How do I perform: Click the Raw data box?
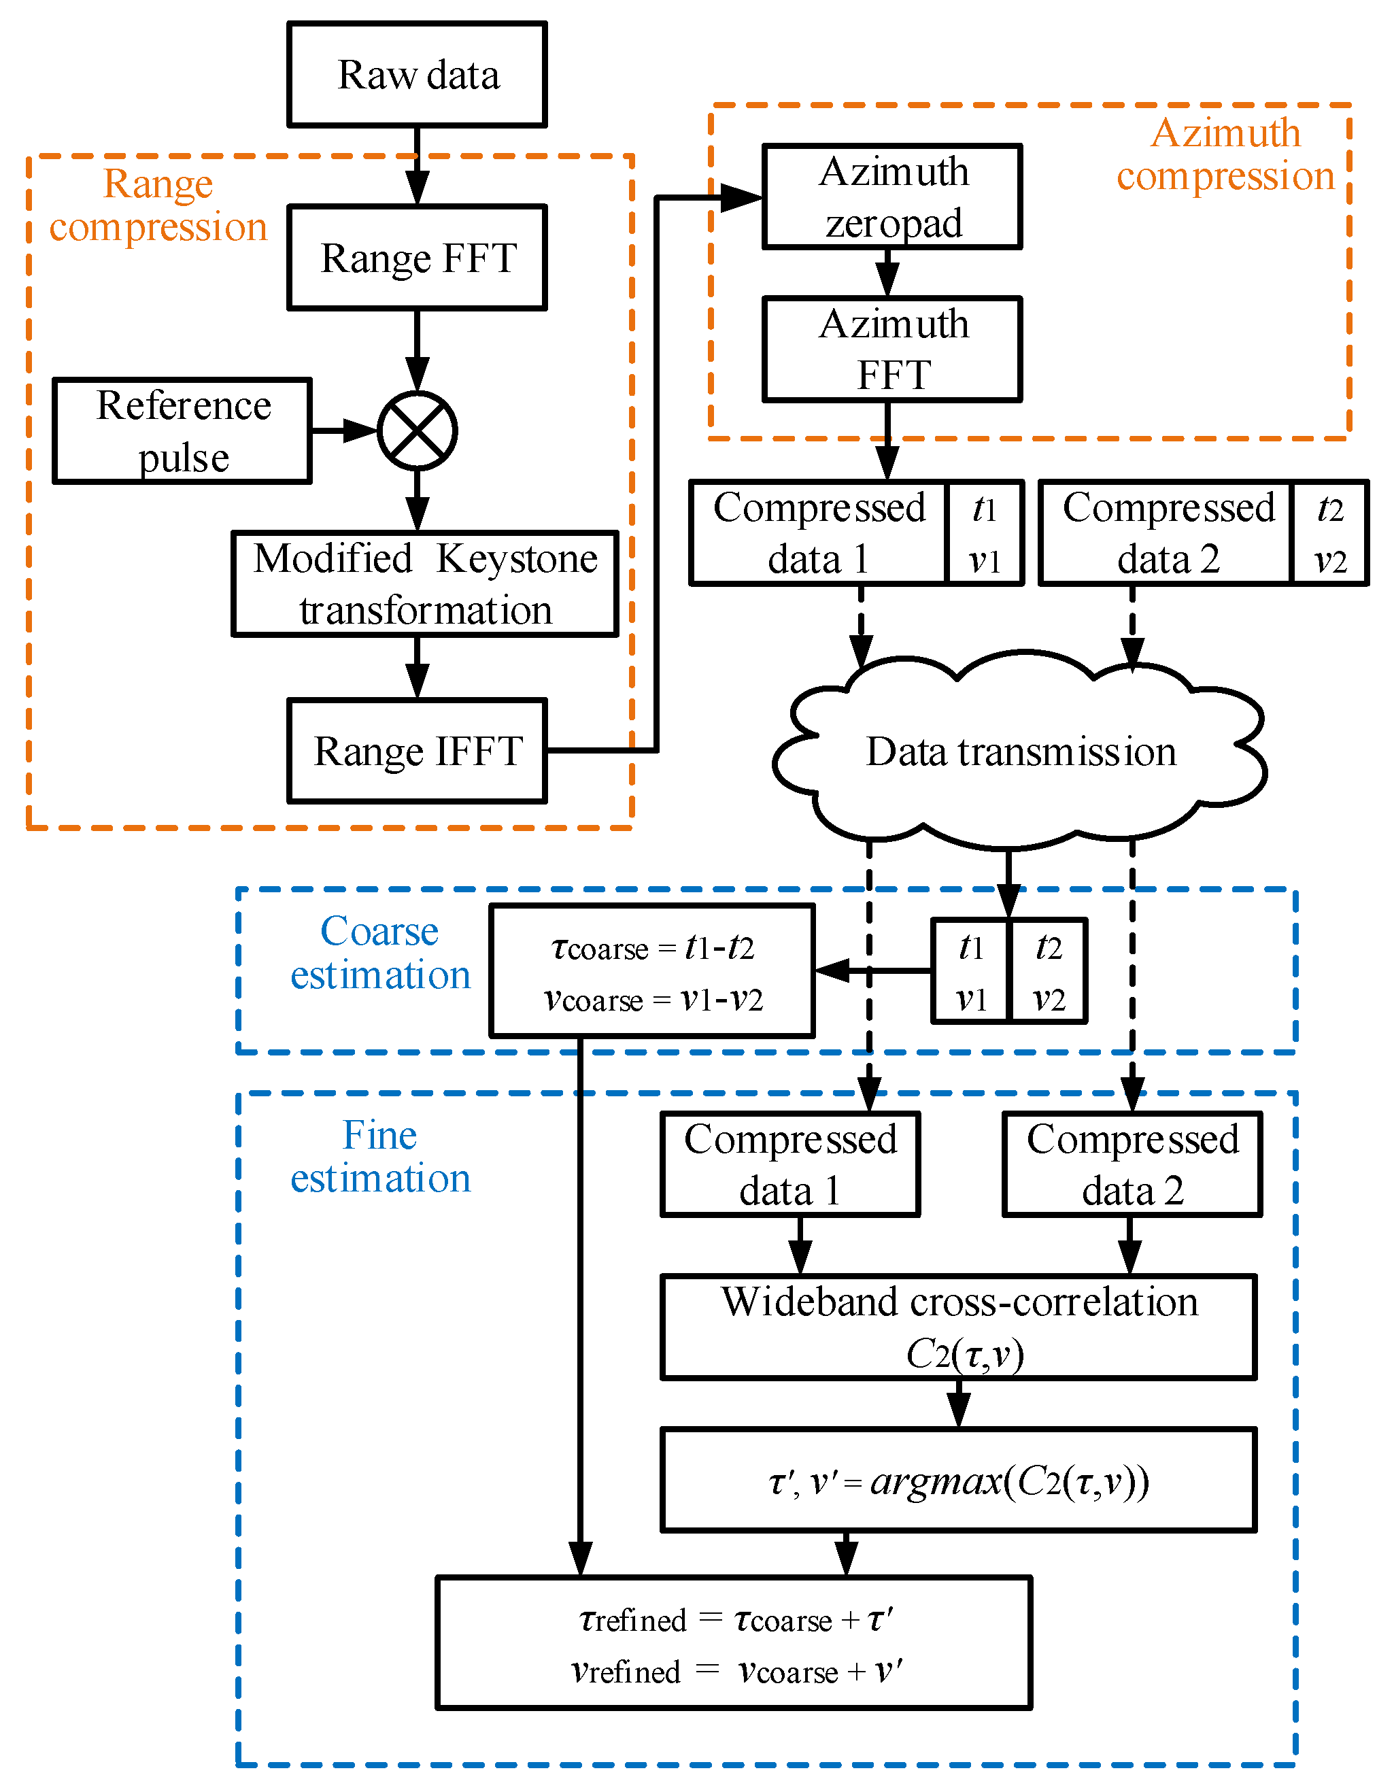click(417, 75)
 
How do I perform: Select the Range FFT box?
click(417, 258)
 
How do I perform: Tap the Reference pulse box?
click(182, 430)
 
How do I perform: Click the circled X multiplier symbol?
click(417, 430)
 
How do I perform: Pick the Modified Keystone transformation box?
click(424, 584)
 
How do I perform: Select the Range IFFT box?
click(417, 751)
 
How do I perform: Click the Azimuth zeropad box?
click(892, 197)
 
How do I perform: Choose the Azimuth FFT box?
click(892, 350)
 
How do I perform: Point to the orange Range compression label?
click(158, 205)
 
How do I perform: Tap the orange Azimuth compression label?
click(1225, 154)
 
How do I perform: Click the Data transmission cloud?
click(1020, 751)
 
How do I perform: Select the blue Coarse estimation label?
click(380, 953)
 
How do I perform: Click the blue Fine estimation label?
click(380, 1156)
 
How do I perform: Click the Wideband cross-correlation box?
click(957, 1327)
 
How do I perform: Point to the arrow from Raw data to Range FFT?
click(417, 167)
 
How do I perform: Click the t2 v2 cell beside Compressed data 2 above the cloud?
click(1329, 533)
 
